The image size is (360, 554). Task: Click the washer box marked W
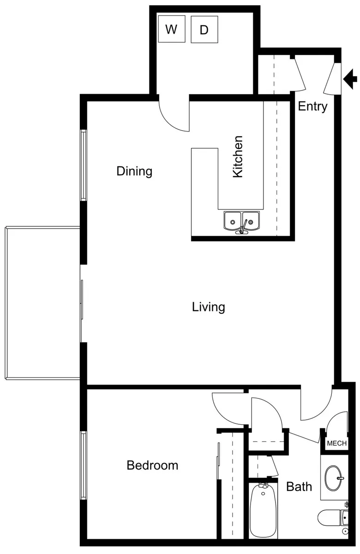pyautogui.click(x=172, y=29)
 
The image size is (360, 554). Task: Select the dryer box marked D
pyautogui.click(x=204, y=30)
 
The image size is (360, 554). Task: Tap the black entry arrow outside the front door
pyautogui.click(x=350, y=79)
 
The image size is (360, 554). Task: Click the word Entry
pyautogui.click(x=312, y=107)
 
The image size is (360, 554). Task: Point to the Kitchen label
pyautogui.click(x=238, y=157)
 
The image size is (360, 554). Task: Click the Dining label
pyautogui.click(x=134, y=171)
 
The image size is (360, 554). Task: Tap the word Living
pyautogui.click(x=209, y=307)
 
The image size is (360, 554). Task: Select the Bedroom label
pyautogui.click(x=152, y=465)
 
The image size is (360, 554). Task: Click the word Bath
pyautogui.click(x=299, y=487)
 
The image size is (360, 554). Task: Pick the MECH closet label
pyautogui.click(x=337, y=443)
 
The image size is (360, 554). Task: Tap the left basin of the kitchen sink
pyautogui.click(x=233, y=221)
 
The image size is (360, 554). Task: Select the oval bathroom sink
pyautogui.click(x=333, y=478)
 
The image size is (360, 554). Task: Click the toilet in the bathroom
pyautogui.click(x=333, y=518)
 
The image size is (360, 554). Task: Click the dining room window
pyautogui.click(x=84, y=165)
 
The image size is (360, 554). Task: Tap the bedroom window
pyautogui.click(x=84, y=466)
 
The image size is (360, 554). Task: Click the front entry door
pyautogui.click(x=332, y=78)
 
